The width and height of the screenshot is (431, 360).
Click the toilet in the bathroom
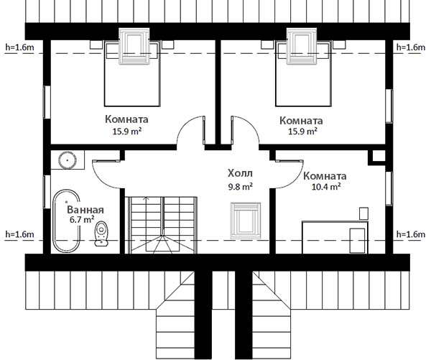click(101, 234)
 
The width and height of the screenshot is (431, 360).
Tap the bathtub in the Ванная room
click(66, 221)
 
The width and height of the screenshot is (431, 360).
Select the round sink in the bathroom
click(68, 160)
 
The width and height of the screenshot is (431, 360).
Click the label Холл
click(240, 174)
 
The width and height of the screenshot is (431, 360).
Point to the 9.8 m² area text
click(241, 187)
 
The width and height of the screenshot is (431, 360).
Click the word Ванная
click(85, 210)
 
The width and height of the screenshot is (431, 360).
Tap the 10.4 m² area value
click(326, 187)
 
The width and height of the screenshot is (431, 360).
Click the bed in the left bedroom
click(132, 74)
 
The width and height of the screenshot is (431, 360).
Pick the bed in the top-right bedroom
click(303, 74)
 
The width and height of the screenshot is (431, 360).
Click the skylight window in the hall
click(246, 221)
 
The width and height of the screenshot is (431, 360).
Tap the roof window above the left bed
click(134, 46)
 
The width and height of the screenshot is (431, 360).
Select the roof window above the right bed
click(302, 46)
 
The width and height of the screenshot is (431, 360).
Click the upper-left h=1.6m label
click(20, 47)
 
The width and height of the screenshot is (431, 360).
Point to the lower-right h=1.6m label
click(411, 234)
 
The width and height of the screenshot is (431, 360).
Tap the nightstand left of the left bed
click(96, 45)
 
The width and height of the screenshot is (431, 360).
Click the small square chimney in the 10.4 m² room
click(377, 157)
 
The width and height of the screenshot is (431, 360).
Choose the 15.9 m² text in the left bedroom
click(127, 131)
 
